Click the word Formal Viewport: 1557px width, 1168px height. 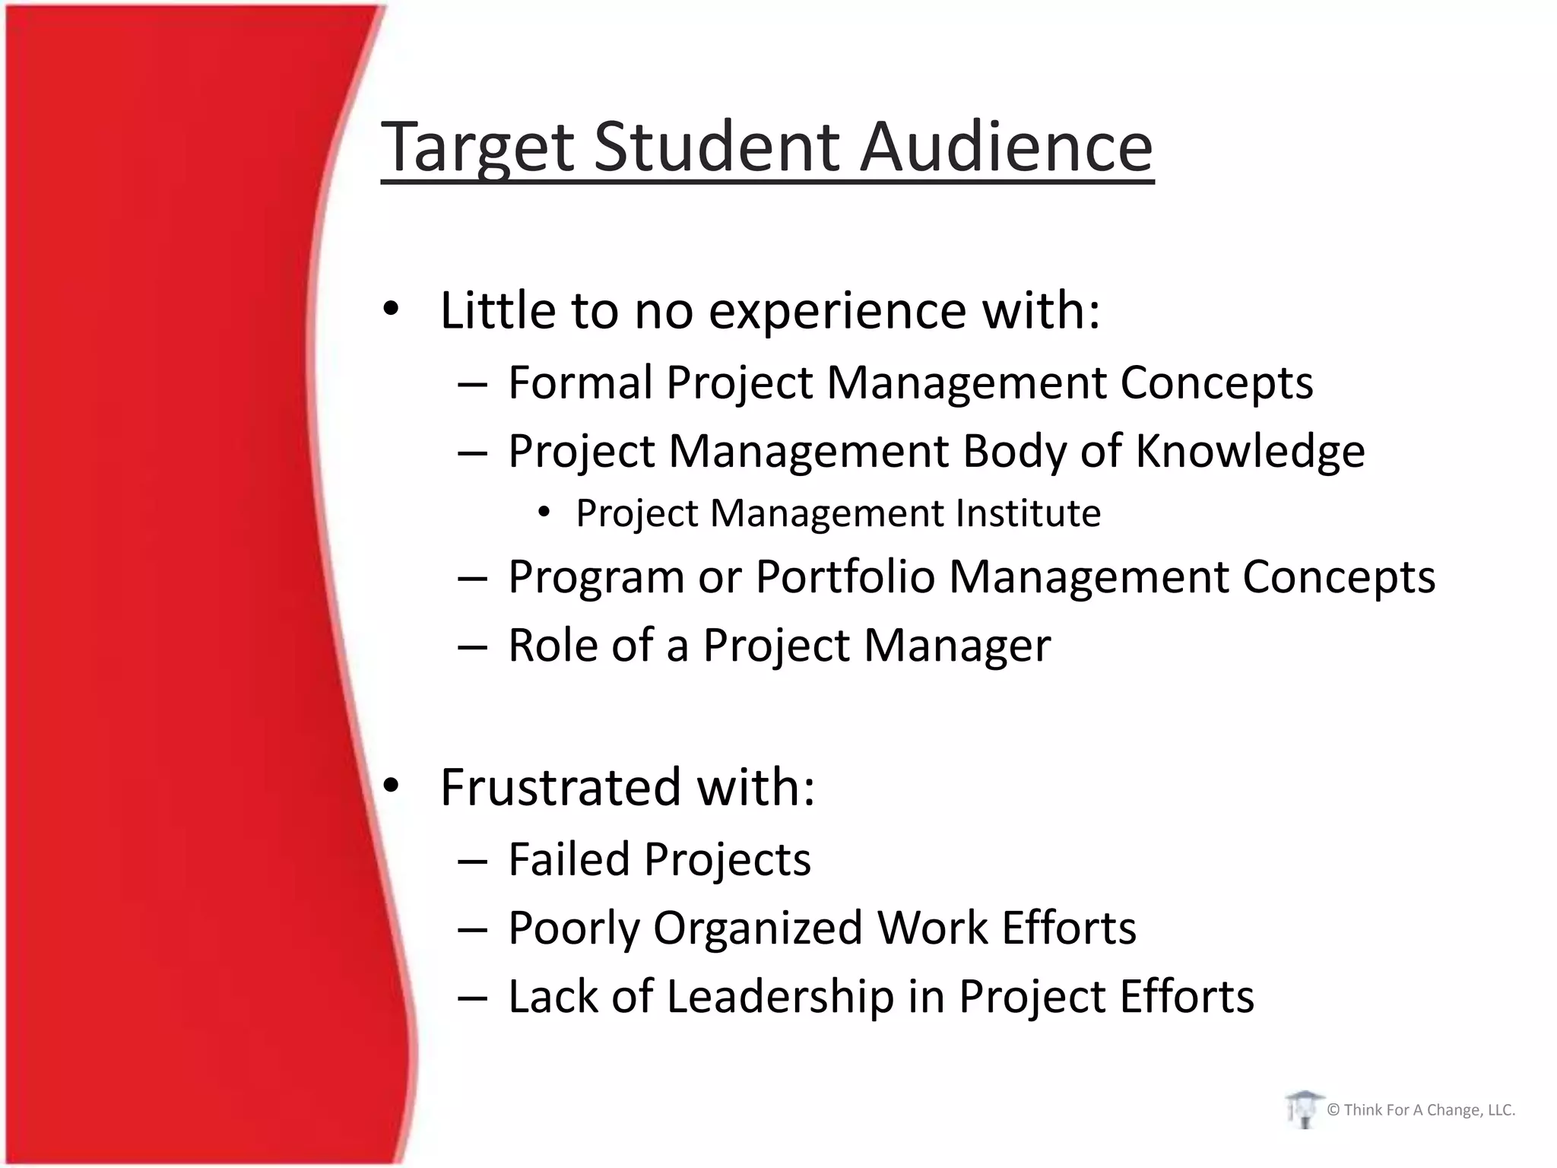(x=580, y=382)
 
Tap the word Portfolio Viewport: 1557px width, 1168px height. (x=845, y=576)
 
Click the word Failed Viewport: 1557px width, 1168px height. (x=569, y=859)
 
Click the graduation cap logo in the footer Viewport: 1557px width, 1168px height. (x=1303, y=1109)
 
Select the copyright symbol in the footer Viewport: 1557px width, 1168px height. (x=1333, y=1110)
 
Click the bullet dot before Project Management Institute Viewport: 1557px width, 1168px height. (x=543, y=513)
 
